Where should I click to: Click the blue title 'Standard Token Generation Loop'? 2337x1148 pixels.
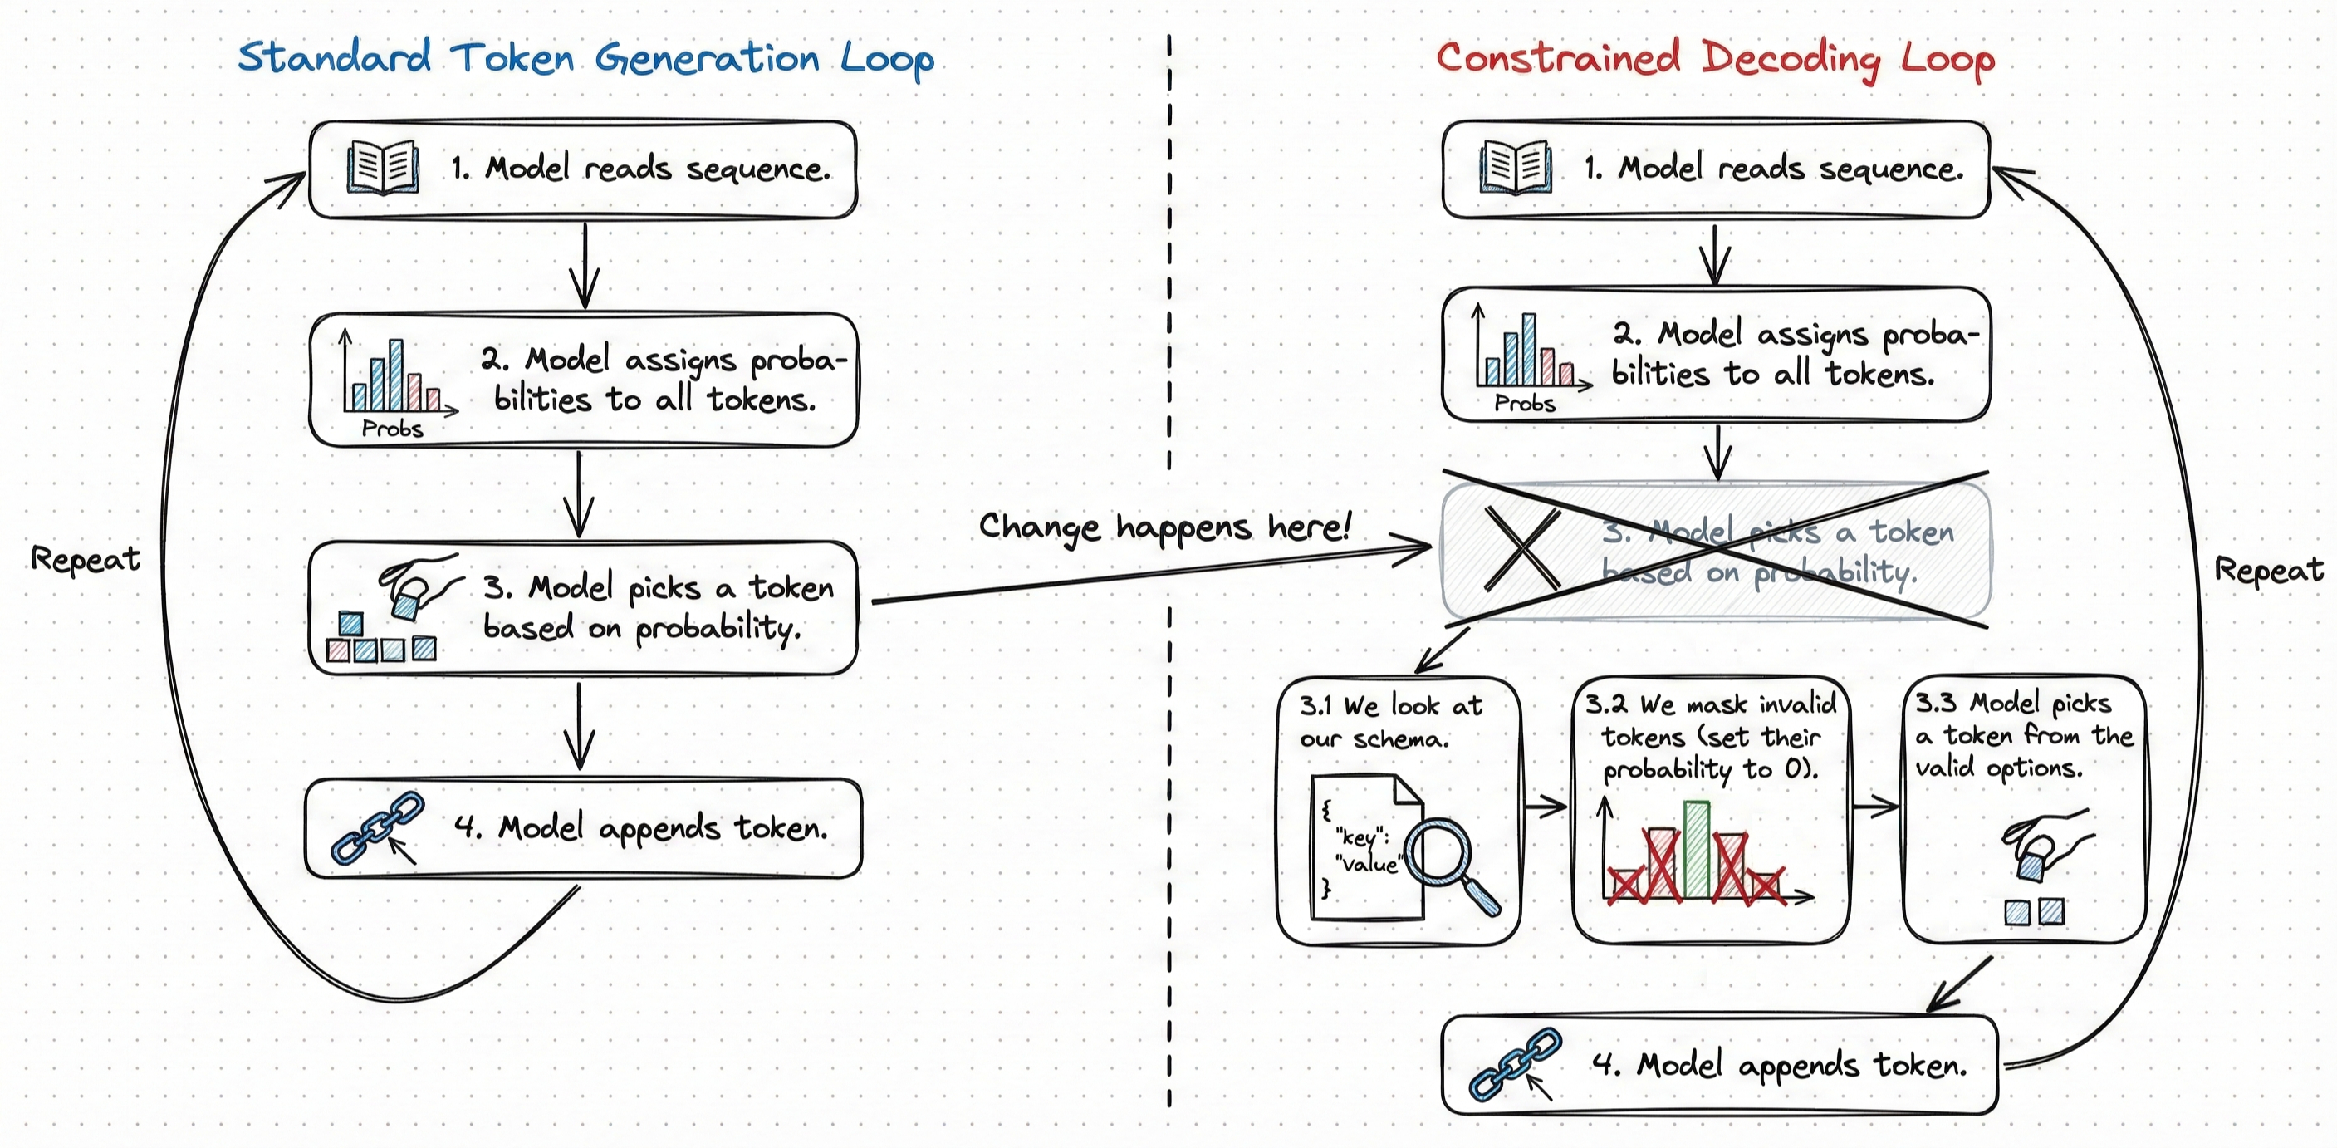(585, 58)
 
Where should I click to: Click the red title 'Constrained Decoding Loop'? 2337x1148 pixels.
(1715, 58)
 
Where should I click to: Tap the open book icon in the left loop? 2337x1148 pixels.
(383, 167)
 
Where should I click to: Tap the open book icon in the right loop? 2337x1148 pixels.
(1515, 167)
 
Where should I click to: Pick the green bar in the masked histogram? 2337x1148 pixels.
(1697, 848)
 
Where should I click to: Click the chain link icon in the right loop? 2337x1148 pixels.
(1515, 1063)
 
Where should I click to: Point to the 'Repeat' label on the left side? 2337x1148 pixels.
(86, 559)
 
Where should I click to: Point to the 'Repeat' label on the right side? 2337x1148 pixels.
(2268, 570)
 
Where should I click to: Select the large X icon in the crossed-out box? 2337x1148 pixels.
(1522, 549)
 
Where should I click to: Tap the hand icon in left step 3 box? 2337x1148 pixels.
(419, 583)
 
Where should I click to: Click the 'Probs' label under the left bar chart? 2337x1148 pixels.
(392, 429)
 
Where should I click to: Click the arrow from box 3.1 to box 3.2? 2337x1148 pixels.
(1546, 805)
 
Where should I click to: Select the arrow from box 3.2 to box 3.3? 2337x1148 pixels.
(1875, 805)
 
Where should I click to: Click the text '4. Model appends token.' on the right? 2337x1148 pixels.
(1778, 1063)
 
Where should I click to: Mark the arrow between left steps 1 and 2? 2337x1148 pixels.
(585, 265)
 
